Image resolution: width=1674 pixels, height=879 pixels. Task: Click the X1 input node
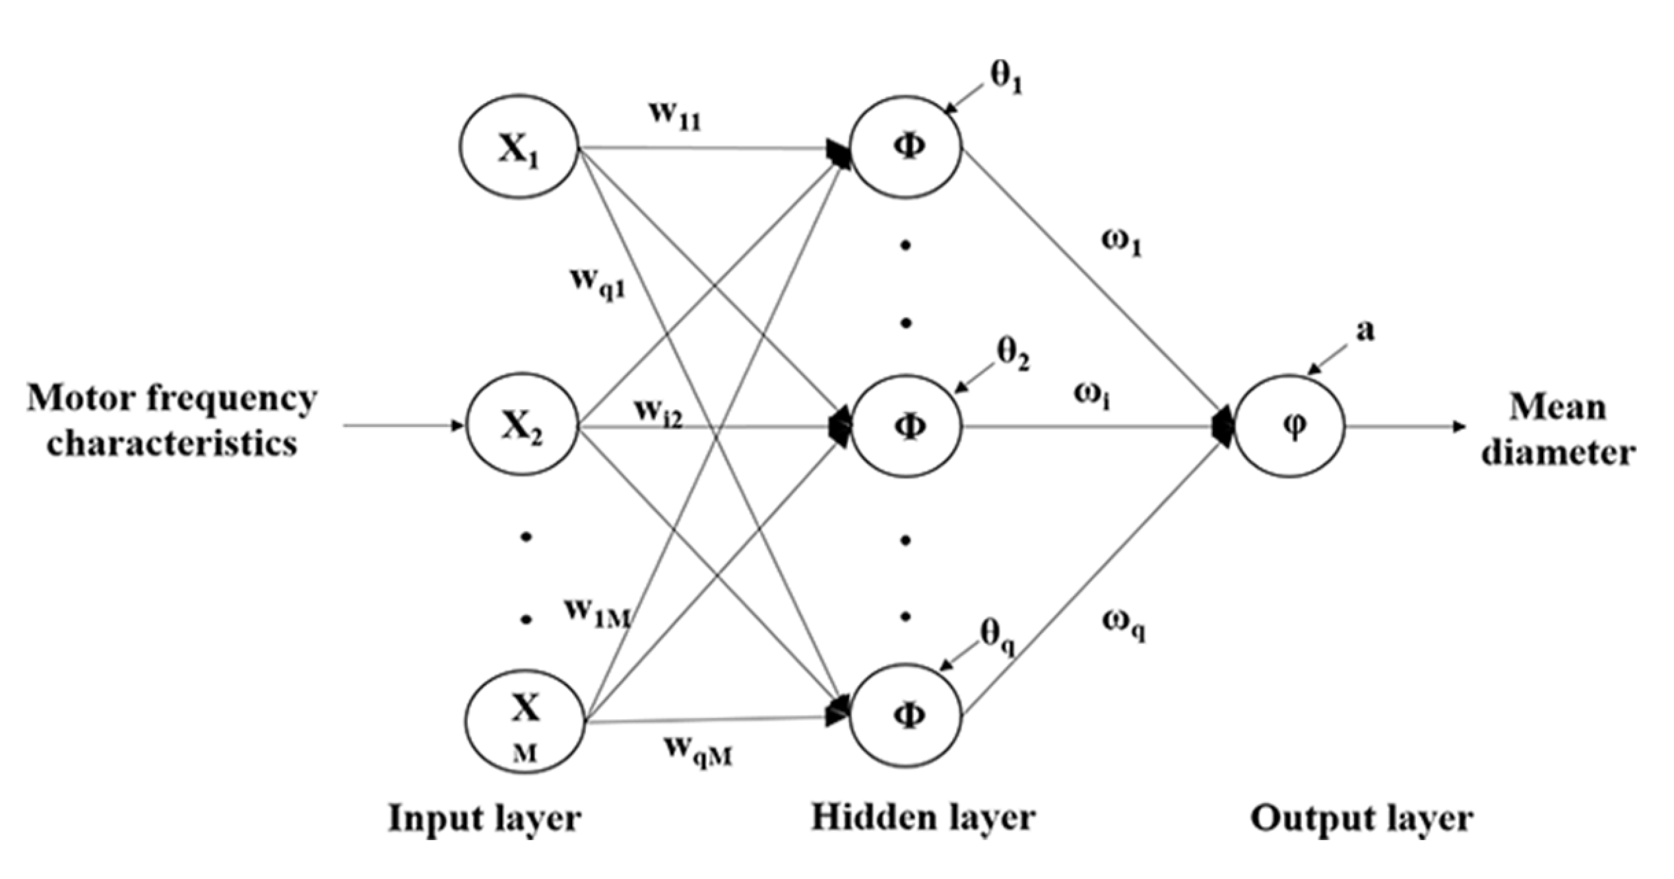(x=519, y=146)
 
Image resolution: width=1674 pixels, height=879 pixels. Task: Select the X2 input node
(x=522, y=426)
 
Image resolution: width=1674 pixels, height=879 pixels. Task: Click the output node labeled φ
(x=1290, y=426)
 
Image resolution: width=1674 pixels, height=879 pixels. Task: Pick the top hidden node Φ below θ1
(x=907, y=146)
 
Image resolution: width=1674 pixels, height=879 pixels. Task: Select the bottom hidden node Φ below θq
(x=907, y=715)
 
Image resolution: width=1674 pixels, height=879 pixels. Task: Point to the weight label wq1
(x=598, y=283)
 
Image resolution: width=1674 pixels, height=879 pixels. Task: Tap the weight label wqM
(x=699, y=753)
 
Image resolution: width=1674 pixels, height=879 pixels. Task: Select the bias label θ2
(x=1013, y=356)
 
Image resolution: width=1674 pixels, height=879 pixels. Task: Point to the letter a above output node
(x=1365, y=330)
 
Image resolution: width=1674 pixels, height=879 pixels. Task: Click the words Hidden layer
(x=923, y=818)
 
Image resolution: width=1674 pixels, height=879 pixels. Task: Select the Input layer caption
(x=485, y=819)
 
